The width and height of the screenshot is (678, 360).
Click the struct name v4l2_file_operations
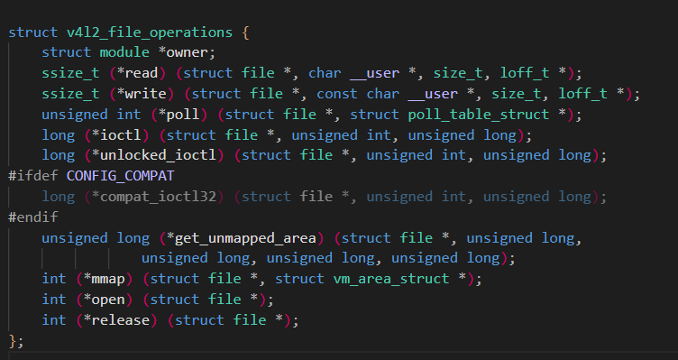click(150, 32)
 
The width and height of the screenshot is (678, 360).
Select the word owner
click(188, 53)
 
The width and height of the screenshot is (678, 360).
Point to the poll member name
click(182, 115)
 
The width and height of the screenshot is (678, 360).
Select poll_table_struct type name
click(479, 115)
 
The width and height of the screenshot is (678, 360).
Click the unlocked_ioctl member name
click(158, 155)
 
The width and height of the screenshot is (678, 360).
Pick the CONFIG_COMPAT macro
click(120, 176)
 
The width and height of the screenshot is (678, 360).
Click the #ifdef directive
click(32, 176)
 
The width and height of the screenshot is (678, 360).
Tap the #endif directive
click(32, 217)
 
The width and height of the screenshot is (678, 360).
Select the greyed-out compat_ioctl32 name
click(158, 197)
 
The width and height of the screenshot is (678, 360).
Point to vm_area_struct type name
click(391, 279)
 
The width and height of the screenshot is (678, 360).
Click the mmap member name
click(108, 279)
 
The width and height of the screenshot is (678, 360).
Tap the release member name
click(120, 320)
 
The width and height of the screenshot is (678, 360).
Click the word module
click(124, 53)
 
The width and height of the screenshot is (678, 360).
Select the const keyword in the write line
click(337, 94)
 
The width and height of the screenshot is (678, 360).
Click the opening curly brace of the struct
click(245, 32)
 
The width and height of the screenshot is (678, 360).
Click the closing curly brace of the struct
click(12, 341)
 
